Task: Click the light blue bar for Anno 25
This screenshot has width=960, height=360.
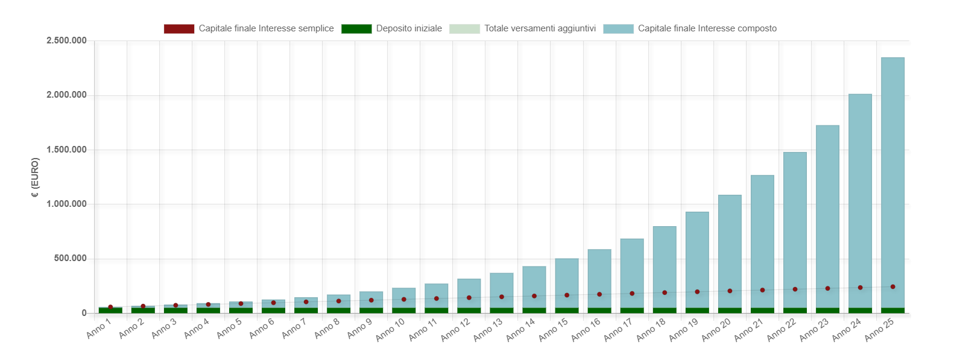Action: (892, 183)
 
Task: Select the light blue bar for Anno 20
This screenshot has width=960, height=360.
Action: (730, 251)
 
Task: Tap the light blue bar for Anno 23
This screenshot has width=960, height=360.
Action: (827, 216)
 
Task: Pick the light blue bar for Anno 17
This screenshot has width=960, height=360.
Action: (632, 273)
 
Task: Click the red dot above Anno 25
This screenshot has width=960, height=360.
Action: (892, 286)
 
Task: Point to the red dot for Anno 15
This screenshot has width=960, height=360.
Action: (567, 295)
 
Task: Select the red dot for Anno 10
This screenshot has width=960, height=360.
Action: (403, 300)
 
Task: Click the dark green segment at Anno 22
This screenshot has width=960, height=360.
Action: (795, 311)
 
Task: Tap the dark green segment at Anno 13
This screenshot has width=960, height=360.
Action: (502, 311)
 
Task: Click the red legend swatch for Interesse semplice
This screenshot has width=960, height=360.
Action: (179, 29)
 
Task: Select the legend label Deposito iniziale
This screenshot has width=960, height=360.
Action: (409, 29)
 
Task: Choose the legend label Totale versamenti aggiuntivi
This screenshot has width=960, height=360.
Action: (540, 29)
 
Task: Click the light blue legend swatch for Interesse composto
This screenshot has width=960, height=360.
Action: (619, 29)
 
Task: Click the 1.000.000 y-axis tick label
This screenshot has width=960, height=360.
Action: (66, 204)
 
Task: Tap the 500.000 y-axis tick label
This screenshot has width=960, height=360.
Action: (71, 259)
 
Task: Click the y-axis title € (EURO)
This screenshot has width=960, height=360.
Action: (35, 177)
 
